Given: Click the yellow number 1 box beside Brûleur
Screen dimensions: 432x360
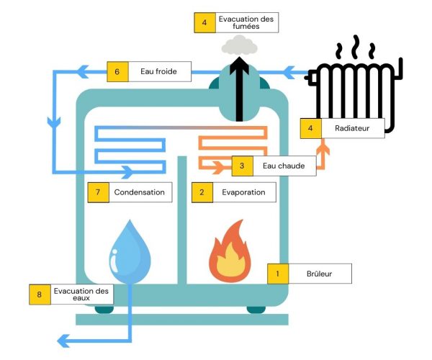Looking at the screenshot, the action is [x=278, y=274].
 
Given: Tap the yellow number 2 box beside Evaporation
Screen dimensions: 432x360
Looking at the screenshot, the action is [x=202, y=192].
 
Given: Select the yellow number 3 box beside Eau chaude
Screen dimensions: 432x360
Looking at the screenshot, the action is [x=243, y=166].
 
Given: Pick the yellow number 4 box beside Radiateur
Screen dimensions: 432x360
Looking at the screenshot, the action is [x=311, y=128].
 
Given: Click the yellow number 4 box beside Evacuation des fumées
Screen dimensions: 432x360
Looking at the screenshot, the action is [x=204, y=22].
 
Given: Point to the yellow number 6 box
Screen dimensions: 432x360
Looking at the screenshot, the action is [x=117, y=71].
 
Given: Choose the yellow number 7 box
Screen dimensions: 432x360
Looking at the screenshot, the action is [x=99, y=192].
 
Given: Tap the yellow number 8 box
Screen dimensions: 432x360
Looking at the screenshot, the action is [x=40, y=294].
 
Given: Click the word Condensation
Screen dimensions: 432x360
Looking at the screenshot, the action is [x=140, y=192].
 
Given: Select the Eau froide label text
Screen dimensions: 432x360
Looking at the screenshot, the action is [x=158, y=71].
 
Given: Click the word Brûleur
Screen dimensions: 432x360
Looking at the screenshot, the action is [x=319, y=274].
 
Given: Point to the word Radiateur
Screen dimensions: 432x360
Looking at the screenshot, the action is [x=352, y=128].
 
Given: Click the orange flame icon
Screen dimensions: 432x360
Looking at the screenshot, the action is [x=230, y=251].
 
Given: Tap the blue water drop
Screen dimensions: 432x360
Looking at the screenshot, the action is [x=130, y=251].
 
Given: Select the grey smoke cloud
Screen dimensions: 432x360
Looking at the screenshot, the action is [x=240, y=45].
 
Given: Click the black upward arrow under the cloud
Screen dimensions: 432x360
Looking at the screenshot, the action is [x=240, y=89].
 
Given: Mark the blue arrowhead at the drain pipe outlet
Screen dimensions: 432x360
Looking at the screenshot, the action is [x=63, y=341].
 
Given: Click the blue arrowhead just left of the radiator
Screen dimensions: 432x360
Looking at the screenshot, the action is [x=289, y=73].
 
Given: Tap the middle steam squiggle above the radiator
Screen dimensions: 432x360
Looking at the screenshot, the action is [x=356, y=47].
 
